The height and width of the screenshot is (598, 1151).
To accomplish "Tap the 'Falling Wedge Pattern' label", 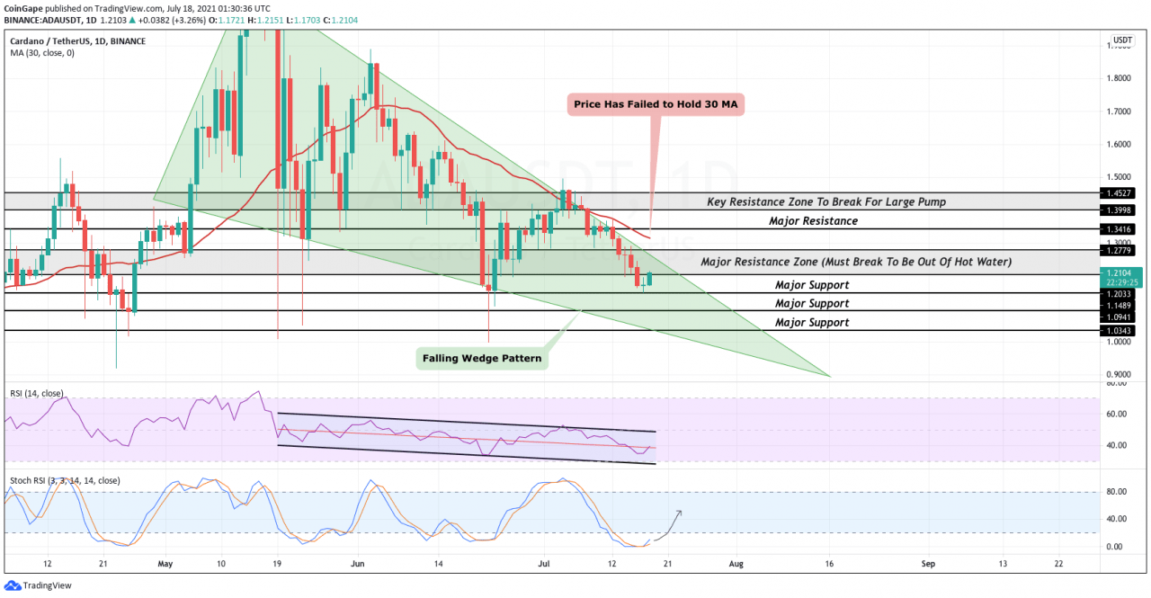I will [x=482, y=358].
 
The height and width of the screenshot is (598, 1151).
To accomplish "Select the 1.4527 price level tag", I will [x=1120, y=192].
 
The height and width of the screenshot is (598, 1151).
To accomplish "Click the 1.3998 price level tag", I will [x=1120, y=210].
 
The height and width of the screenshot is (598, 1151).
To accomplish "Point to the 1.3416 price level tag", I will [x=1120, y=229].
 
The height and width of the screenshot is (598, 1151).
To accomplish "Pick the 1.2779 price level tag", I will [x=1120, y=249].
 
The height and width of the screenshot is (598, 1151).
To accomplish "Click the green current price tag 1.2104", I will [x=1120, y=272].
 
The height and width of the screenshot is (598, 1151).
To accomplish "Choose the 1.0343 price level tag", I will [x=1120, y=331].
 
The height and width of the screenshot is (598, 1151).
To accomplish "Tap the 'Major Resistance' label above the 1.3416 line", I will [x=813, y=220].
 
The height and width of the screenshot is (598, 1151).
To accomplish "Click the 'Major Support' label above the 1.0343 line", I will [x=812, y=322].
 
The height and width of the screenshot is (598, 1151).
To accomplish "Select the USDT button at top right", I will [x=1122, y=40].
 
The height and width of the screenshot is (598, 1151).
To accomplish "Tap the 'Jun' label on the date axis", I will [x=357, y=564].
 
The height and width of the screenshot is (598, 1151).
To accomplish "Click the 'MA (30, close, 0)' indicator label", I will [x=42, y=53].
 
